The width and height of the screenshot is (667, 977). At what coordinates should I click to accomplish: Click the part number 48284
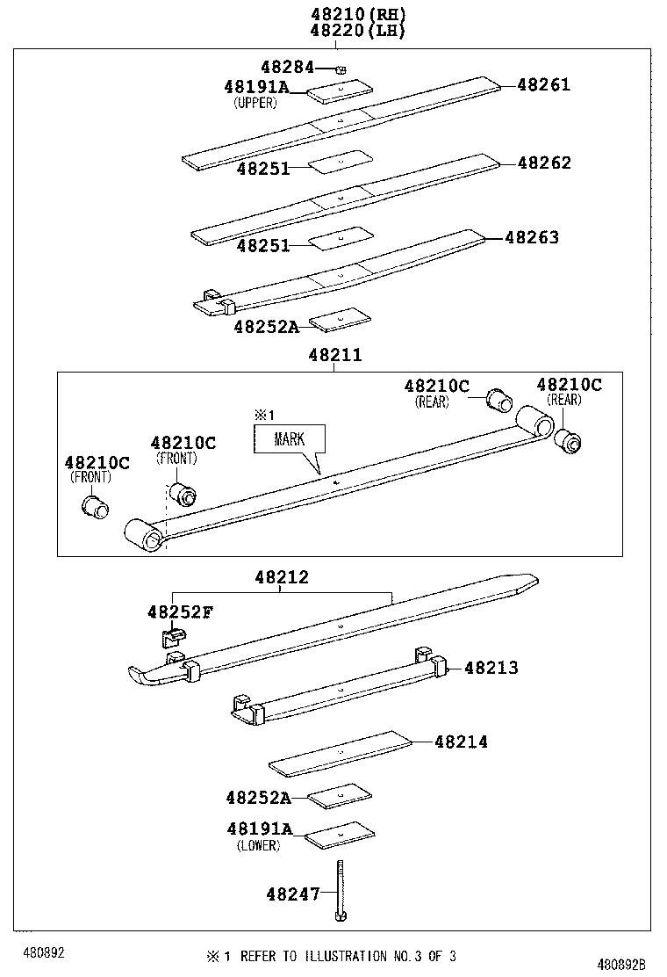(x=286, y=67)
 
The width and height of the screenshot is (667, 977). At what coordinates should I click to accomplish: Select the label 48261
(x=543, y=85)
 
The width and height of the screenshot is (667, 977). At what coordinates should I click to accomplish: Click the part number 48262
(x=543, y=163)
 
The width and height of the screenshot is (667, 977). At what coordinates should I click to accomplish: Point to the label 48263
(x=532, y=237)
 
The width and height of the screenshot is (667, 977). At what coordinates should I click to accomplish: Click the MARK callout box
(x=289, y=438)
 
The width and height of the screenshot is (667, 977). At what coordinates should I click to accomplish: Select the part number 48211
(x=334, y=355)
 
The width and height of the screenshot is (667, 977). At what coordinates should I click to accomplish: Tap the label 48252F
(x=179, y=612)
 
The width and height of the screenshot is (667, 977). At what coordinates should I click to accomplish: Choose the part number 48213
(x=491, y=668)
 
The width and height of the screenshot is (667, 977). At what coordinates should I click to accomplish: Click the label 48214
(x=461, y=742)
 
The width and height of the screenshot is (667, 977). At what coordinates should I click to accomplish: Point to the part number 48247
(x=292, y=894)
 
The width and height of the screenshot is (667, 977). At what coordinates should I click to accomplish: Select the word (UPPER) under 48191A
(x=255, y=103)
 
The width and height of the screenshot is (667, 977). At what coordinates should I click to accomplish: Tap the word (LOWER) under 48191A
(x=258, y=845)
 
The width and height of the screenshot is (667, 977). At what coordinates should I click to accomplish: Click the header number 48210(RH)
(x=347, y=14)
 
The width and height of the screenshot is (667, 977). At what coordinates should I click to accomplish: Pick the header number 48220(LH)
(x=347, y=31)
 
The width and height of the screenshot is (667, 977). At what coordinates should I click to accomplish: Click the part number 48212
(x=282, y=577)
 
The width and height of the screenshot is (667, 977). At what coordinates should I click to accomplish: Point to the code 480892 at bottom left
(x=44, y=952)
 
